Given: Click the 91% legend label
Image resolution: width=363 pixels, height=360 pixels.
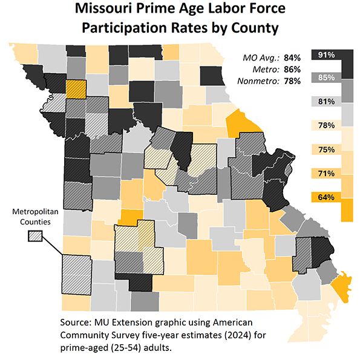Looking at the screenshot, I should (327, 55).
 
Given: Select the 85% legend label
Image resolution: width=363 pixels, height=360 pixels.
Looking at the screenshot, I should (327, 77).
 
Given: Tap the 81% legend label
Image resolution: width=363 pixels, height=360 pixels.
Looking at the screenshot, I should (327, 102).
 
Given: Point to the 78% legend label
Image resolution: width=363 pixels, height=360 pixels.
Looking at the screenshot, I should (327, 125).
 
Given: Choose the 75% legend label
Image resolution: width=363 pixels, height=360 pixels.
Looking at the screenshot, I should (327, 149).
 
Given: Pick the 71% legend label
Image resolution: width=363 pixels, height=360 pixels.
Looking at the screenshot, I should (327, 174).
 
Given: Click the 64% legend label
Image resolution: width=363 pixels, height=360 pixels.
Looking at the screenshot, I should (327, 197).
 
